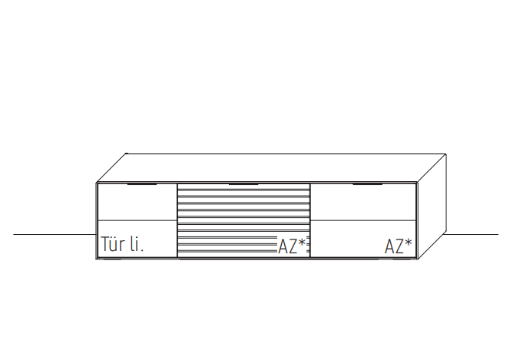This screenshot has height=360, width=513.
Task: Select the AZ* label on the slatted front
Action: [292, 246]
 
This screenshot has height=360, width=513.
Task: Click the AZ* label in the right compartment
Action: [398, 246]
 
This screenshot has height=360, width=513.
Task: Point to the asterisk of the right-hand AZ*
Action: [408, 243]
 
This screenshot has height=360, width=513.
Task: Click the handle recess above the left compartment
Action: [142, 184]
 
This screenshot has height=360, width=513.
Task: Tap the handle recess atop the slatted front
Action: [243, 184]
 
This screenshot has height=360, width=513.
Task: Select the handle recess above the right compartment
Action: [367, 184]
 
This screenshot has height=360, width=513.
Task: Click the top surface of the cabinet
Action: [272, 168]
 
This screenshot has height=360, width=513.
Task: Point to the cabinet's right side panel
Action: [432, 206]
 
